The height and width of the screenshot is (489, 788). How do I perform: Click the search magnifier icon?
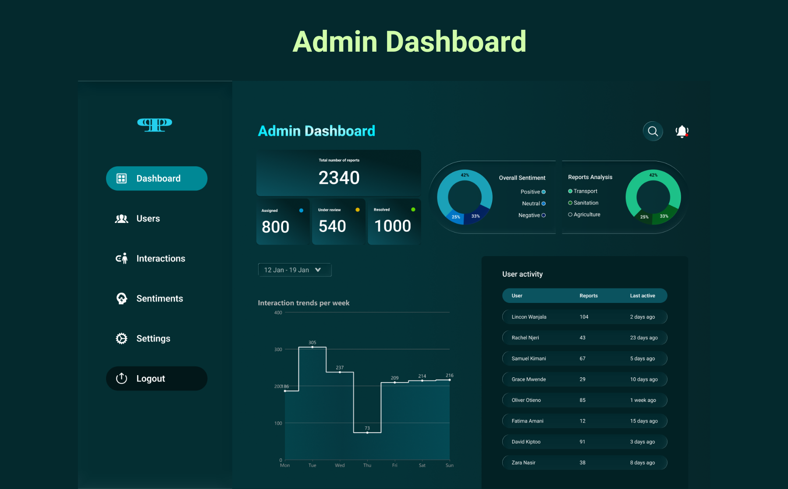(x=653, y=131)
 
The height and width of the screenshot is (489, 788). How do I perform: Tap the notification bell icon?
(x=682, y=131)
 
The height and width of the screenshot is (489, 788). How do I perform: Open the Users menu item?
(x=148, y=218)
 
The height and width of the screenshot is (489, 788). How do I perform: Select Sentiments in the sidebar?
(x=159, y=299)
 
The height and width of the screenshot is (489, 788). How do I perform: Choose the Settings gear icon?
(x=121, y=338)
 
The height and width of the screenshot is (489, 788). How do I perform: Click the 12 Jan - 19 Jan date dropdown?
(x=295, y=270)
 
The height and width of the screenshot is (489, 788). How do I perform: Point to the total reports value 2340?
(x=339, y=178)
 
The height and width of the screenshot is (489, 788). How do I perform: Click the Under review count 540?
(x=332, y=226)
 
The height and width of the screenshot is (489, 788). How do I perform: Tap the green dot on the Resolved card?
(x=413, y=210)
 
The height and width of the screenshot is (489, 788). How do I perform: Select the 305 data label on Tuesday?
(x=312, y=343)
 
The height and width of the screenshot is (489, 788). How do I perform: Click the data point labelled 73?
(x=367, y=433)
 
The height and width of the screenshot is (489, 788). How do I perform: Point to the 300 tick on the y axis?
(x=278, y=349)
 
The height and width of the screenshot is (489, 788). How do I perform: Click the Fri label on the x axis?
(x=394, y=465)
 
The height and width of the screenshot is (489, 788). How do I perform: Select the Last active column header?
(x=642, y=296)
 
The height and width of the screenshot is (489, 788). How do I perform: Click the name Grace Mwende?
(x=529, y=380)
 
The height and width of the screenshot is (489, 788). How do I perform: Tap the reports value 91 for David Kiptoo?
(x=582, y=442)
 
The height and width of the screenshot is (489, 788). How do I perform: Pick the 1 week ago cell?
(x=643, y=400)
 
